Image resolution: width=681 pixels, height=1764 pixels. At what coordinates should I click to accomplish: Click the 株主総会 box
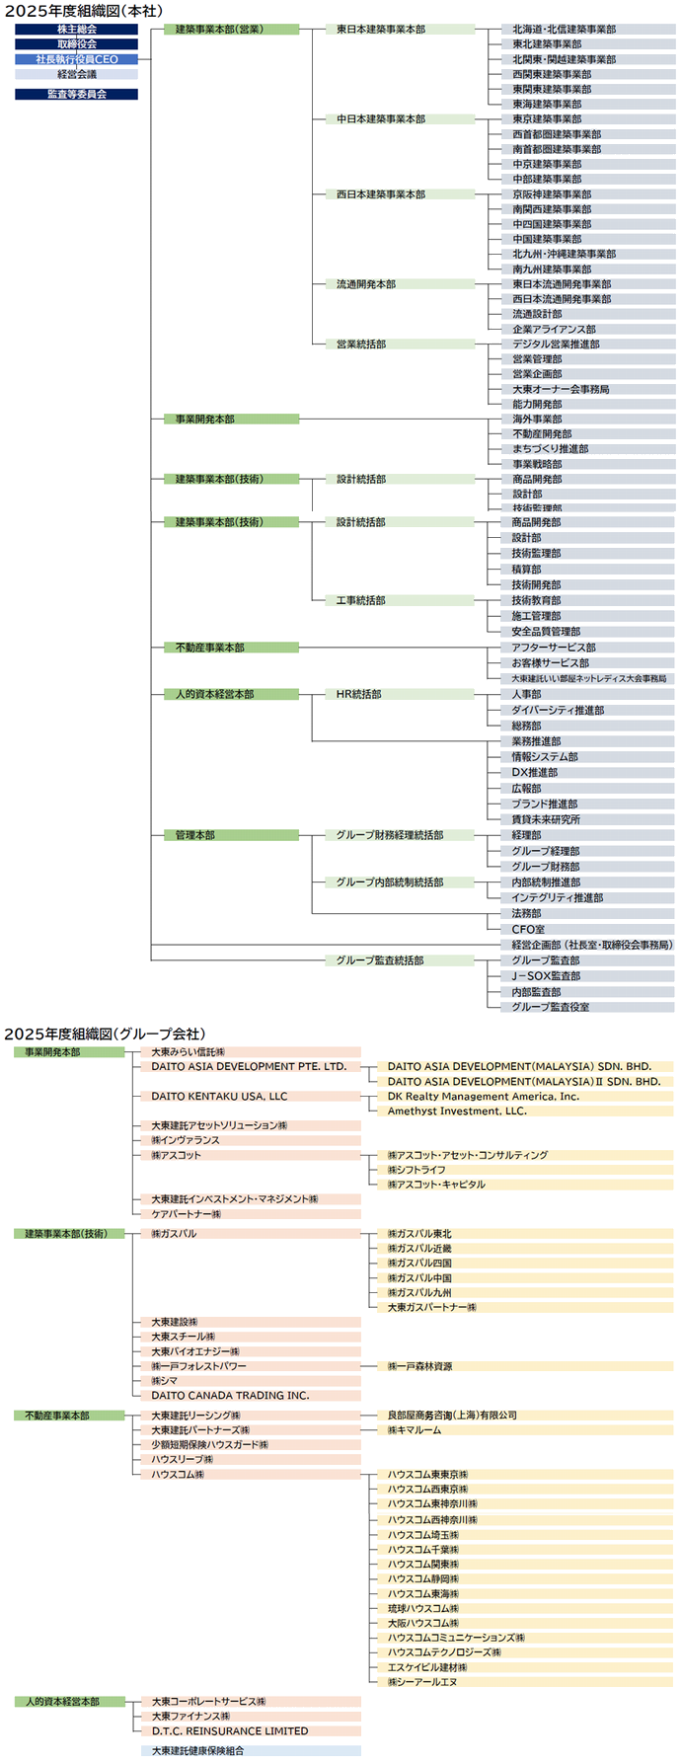click(76, 30)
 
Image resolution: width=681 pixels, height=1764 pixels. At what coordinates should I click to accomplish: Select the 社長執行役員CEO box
click(76, 59)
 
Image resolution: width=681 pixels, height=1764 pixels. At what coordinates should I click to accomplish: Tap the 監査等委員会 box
click(76, 94)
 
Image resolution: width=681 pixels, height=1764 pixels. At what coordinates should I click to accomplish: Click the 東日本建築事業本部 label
click(400, 30)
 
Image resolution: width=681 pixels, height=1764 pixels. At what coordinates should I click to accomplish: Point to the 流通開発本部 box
click(400, 284)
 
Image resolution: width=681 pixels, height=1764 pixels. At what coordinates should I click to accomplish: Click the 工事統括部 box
click(400, 600)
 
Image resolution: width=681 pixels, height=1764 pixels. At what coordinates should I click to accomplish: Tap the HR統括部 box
click(400, 694)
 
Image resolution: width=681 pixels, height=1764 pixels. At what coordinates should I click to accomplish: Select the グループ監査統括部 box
click(400, 960)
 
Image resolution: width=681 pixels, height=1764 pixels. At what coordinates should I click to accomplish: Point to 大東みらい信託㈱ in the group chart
click(251, 1052)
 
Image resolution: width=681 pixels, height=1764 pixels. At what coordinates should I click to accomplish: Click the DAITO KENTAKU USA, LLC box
click(251, 1096)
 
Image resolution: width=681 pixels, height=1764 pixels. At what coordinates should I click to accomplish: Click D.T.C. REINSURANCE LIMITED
click(251, 1730)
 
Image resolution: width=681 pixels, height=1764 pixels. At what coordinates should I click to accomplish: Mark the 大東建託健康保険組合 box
click(251, 1750)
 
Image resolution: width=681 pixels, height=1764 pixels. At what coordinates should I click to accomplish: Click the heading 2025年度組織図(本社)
click(84, 11)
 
